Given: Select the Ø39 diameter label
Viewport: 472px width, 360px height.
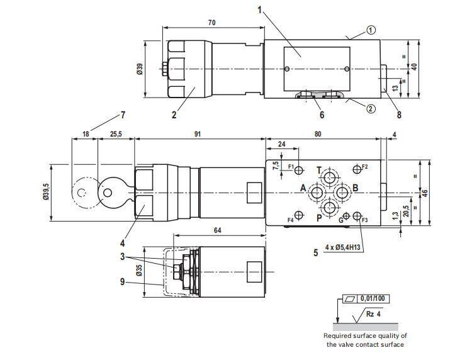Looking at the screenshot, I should click(x=139, y=69).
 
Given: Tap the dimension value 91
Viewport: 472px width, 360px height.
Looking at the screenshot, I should click(x=198, y=133).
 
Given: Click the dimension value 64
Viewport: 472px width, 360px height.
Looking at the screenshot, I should click(x=217, y=230).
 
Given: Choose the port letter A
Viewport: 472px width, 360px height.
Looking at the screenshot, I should click(x=303, y=188).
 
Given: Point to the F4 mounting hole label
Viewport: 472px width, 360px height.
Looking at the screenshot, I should click(x=291, y=220).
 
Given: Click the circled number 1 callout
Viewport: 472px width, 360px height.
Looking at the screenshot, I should click(x=371, y=29).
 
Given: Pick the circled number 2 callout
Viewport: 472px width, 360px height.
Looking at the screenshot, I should click(x=371, y=108).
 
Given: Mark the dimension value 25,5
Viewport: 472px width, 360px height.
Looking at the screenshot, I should click(x=116, y=133).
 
